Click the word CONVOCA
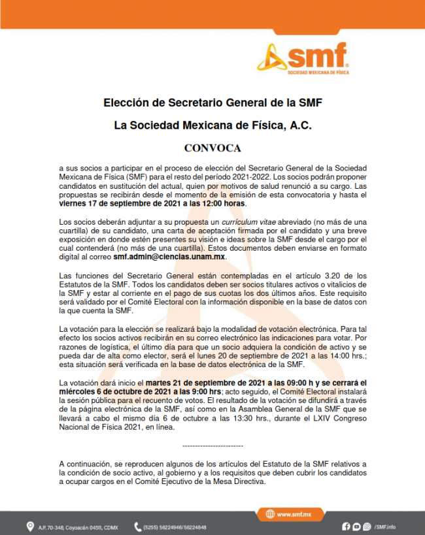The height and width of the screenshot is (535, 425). pyautogui.click(x=212, y=148)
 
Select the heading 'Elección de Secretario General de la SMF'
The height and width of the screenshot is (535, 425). pyautogui.click(x=212, y=103)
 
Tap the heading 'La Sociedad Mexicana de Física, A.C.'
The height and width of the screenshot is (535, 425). pyautogui.click(x=212, y=125)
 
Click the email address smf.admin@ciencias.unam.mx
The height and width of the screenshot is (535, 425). pyautogui.click(x=169, y=257)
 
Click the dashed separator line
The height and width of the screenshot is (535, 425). pyautogui.click(x=212, y=445)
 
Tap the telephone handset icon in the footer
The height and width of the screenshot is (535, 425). pyautogui.click(x=138, y=527)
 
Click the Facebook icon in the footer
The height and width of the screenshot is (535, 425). pyautogui.click(x=347, y=527)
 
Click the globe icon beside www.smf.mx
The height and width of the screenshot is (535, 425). pyautogui.click(x=268, y=514)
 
